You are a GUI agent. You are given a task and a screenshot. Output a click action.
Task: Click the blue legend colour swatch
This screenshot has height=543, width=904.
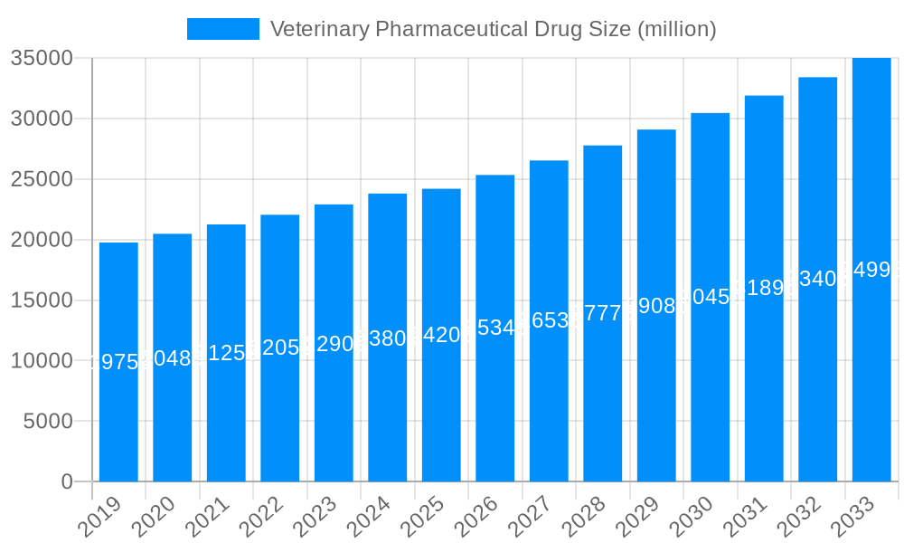click(222, 29)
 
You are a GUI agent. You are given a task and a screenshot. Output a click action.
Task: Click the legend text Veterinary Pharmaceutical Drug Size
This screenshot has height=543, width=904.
click(493, 29)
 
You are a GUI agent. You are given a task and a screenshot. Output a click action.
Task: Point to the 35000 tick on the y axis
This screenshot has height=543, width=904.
click(42, 58)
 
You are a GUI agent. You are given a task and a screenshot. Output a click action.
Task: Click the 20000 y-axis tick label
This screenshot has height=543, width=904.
click(42, 240)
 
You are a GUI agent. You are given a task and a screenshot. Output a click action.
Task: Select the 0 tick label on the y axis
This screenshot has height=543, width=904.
click(67, 481)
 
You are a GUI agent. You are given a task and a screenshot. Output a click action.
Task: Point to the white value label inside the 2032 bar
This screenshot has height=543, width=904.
click(818, 279)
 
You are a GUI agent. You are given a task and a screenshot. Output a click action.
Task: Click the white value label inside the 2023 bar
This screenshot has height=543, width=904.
click(334, 344)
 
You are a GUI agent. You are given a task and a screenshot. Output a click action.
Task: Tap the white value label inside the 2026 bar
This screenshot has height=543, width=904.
click(495, 328)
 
